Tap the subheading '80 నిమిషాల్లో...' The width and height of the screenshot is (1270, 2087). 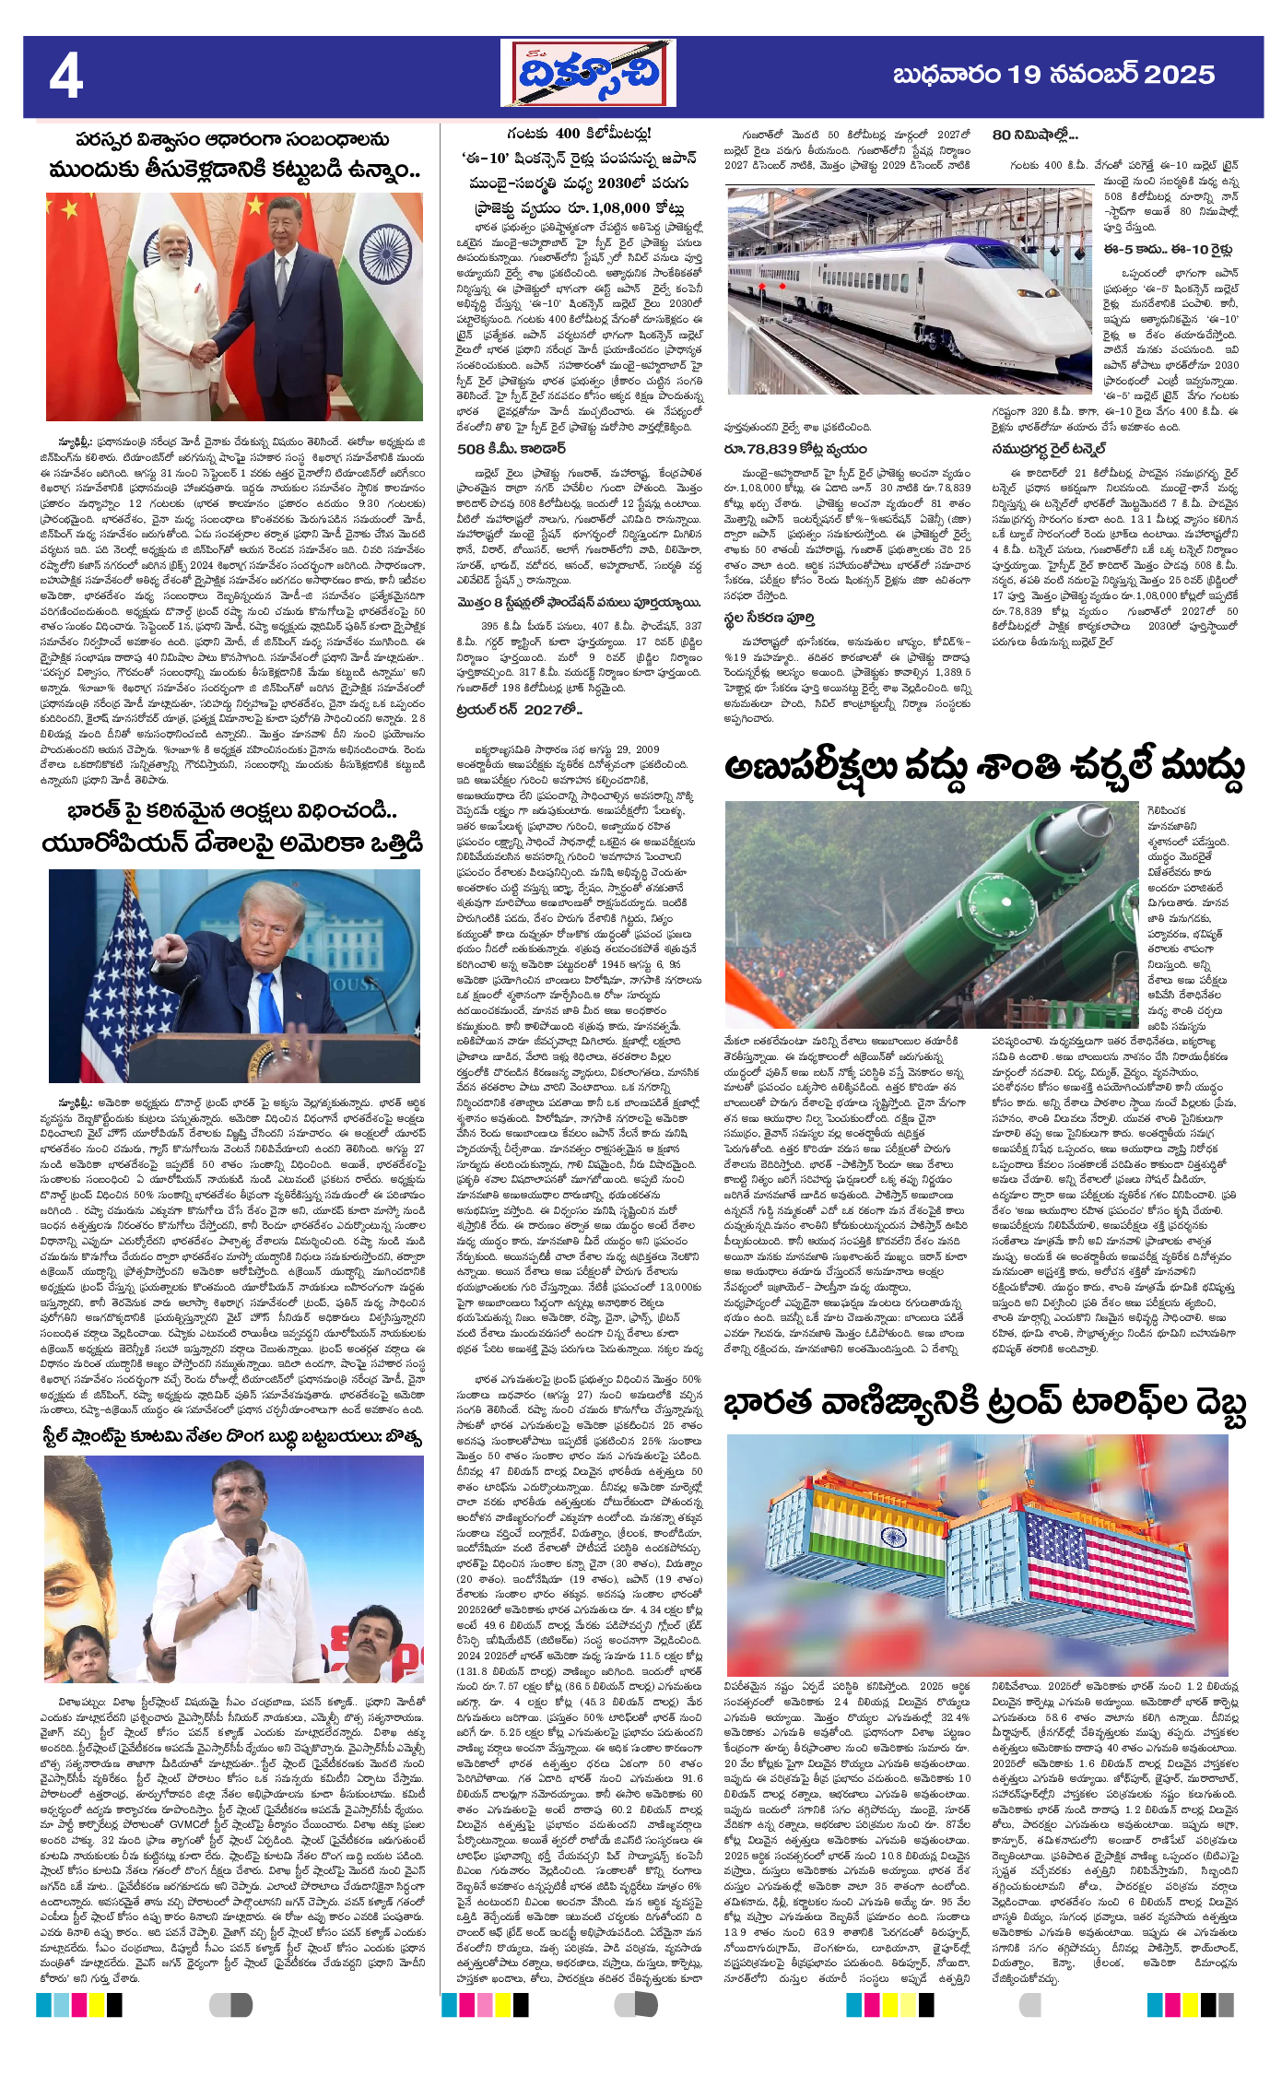(x=1034, y=135)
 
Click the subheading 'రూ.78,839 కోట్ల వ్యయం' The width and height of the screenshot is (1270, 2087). (x=795, y=449)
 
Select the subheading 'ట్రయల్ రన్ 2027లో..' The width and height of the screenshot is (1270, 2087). (x=520, y=710)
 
